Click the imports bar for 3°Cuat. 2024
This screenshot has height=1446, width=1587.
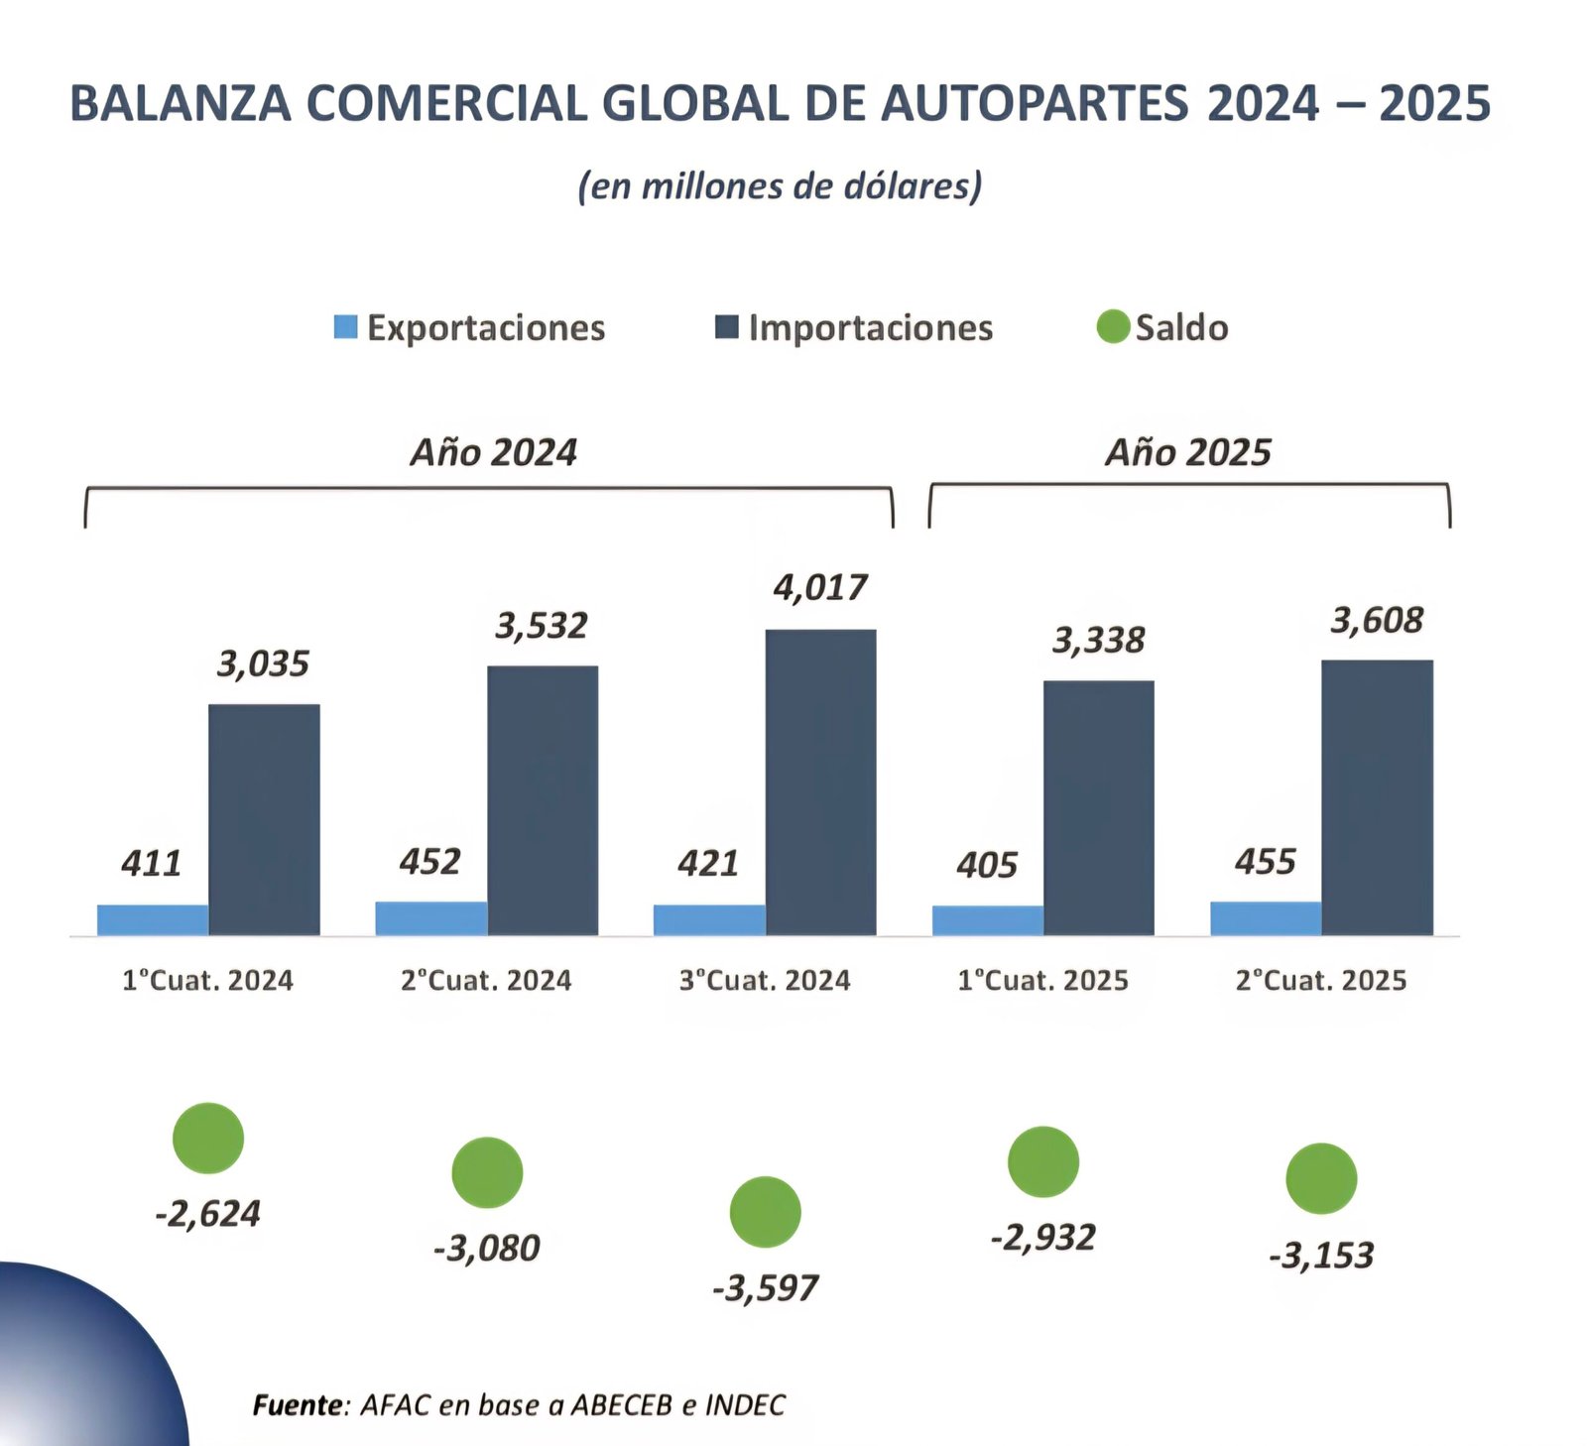[x=820, y=783]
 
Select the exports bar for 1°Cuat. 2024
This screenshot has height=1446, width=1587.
[x=153, y=919]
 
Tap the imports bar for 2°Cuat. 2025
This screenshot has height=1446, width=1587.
[x=1377, y=797]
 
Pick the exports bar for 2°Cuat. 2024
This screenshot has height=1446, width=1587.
[x=430, y=918]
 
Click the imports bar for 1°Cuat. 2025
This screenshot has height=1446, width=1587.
[x=1098, y=808]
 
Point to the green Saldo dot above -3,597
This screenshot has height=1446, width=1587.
[x=765, y=1212]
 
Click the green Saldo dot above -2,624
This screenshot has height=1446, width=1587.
[x=208, y=1138]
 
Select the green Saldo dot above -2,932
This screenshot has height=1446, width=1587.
[x=1042, y=1161]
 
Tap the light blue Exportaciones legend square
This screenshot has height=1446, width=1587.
[x=345, y=326]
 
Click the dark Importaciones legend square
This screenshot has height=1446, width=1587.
[x=727, y=326]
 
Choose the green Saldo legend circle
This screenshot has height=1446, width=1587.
[x=1113, y=326]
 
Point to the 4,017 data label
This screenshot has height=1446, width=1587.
[x=820, y=588]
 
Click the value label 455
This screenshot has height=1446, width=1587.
[x=1265, y=862]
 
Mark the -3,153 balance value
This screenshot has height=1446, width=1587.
[x=1321, y=1256]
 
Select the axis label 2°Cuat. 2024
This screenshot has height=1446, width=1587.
[x=486, y=981]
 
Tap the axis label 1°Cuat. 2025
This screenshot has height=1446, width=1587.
[x=1042, y=981]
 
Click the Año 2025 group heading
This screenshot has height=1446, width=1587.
[x=1187, y=452]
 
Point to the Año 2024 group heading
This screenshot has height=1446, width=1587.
[x=493, y=452]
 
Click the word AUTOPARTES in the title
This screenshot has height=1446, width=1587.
[x=1034, y=104]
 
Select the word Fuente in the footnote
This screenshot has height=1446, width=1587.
[x=297, y=1405]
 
